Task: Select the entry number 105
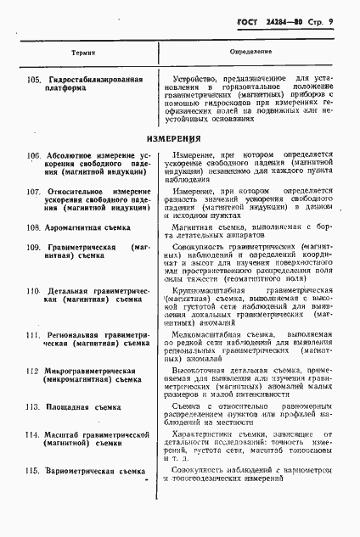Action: (34, 78)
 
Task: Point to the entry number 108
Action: (34, 227)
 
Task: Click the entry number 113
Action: (34, 406)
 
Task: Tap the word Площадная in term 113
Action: (69, 406)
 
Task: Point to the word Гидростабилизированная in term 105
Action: (96, 78)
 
